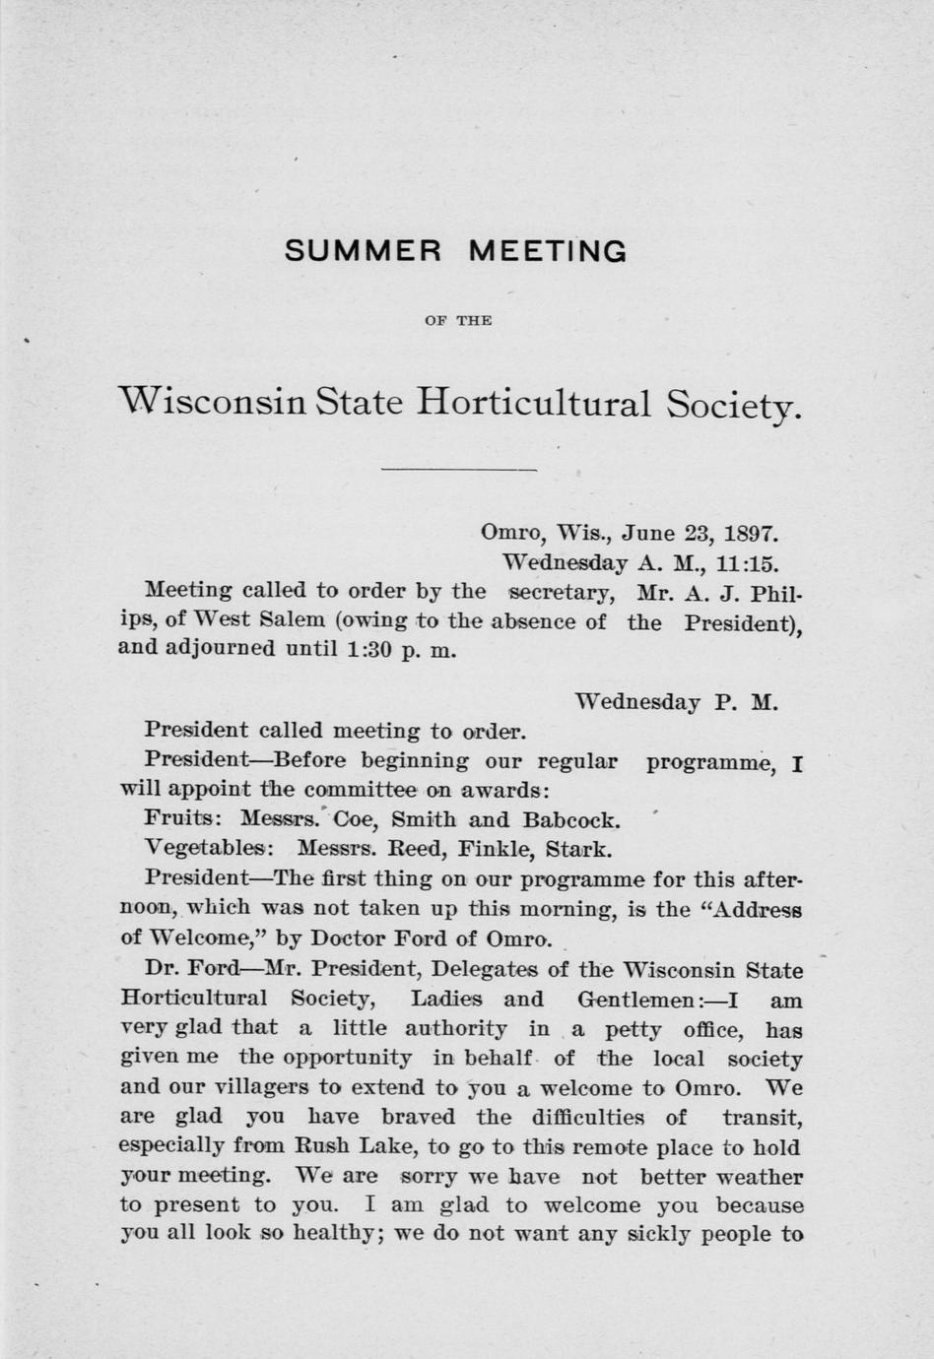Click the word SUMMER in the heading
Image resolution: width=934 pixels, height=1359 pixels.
(x=363, y=252)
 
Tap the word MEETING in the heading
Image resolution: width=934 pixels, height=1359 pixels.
(x=547, y=252)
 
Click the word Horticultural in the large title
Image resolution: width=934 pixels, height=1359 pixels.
(x=534, y=404)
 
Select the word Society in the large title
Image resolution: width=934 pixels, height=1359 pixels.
(x=734, y=406)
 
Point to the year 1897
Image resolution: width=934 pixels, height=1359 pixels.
(x=751, y=534)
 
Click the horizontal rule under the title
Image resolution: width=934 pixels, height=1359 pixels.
(x=459, y=469)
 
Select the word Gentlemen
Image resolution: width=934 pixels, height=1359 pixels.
(x=635, y=1000)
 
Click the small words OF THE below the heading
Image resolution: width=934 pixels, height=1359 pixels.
(x=458, y=320)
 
